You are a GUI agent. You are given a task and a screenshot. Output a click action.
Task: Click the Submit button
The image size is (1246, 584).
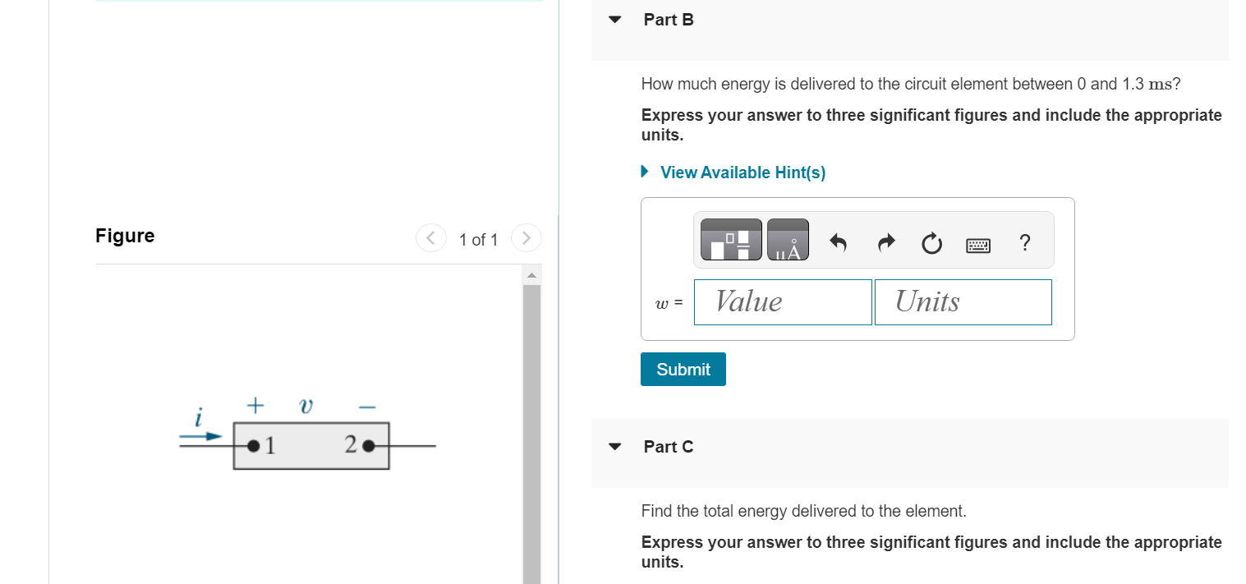tap(683, 370)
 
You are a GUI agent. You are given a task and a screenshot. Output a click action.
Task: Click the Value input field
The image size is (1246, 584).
tap(783, 302)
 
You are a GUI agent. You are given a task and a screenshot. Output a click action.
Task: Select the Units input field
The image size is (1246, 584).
tap(963, 302)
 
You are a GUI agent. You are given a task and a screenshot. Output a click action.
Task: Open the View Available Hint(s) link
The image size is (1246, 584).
tap(743, 172)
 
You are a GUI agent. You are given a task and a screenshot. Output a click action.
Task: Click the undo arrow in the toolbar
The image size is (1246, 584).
tap(837, 243)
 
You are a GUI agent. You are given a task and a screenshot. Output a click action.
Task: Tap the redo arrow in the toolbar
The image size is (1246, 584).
tap(886, 243)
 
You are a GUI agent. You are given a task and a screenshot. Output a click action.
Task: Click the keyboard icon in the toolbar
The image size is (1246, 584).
tap(978, 244)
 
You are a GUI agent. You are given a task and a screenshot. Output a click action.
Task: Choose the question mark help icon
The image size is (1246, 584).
tap(1023, 243)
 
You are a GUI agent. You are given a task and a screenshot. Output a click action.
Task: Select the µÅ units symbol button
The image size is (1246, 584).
tap(788, 240)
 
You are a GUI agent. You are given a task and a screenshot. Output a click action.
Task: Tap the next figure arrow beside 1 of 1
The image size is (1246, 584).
tap(526, 238)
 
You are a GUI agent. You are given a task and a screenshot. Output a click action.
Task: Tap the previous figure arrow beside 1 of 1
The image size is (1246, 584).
tap(430, 238)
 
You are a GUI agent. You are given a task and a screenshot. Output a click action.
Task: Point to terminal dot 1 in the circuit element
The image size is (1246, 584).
tap(254, 446)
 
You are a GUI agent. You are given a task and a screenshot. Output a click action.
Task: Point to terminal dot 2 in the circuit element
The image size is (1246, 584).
tap(368, 446)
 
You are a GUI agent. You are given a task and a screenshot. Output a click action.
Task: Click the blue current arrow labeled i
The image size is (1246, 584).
tap(201, 436)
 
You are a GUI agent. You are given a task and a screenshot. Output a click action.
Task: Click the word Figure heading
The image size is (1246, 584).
tap(125, 237)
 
